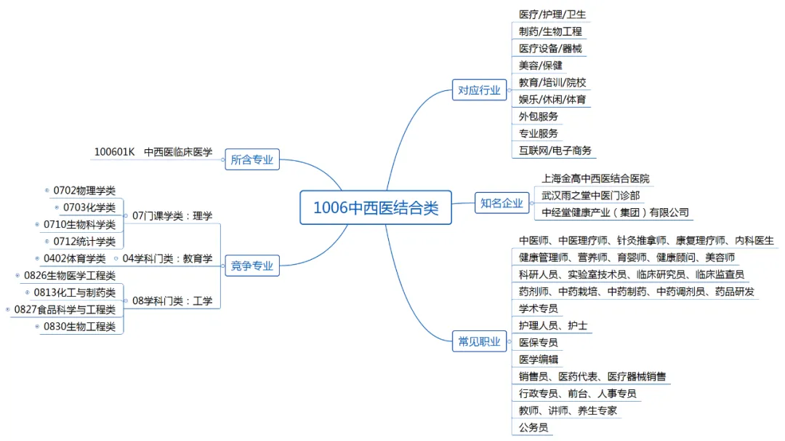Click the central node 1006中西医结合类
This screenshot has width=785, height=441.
click(x=376, y=207)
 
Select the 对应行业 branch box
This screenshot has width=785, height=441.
click(x=479, y=90)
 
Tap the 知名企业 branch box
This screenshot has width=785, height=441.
click(x=502, y=203)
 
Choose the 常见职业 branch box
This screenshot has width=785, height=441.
click(x=479, y=341)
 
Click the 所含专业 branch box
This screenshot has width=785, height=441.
click(x=251, y=159)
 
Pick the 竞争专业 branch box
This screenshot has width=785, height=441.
click(x=251, y=266)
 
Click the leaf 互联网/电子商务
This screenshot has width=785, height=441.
click(x=555, y=151)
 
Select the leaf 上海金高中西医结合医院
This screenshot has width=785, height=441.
click(x=595, y=178)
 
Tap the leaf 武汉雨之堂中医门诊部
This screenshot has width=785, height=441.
click(x=590, y=196)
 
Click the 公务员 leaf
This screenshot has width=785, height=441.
click(x=534, y=428)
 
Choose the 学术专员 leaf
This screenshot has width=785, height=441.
click(x=539, y=309)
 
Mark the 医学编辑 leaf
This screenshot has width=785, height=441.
click(x=539, y=359)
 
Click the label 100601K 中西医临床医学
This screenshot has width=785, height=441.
click(x=153, y=152)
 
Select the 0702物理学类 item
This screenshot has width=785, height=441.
click(x=84, y=191)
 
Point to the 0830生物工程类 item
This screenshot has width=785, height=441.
click(x=79, y=327)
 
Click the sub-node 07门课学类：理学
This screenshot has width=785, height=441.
click(x=172, y=216)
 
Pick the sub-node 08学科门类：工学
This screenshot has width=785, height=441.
click(x=172, y=301)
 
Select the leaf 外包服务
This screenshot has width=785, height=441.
click(x=539, y=116)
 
